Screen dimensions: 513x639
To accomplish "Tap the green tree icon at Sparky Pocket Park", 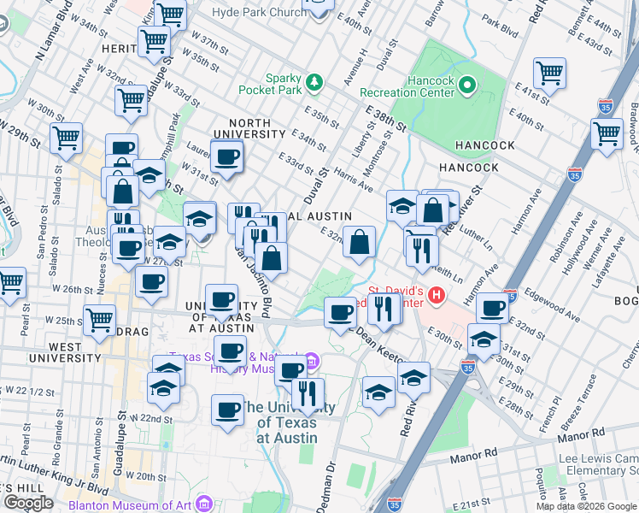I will pos(317,81).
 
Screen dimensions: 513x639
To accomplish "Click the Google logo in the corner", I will pos(28,503).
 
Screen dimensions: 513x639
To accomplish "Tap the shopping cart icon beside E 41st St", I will pos(549,73).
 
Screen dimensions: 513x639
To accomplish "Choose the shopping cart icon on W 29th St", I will pos(66,137).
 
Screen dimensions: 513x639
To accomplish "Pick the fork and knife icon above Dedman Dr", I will pos(308,393).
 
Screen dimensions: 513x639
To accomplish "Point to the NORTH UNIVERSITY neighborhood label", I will pos(249,127).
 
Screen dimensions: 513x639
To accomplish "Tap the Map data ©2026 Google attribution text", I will pos(586,506).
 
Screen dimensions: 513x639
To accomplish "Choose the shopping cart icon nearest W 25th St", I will pos(100,320).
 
